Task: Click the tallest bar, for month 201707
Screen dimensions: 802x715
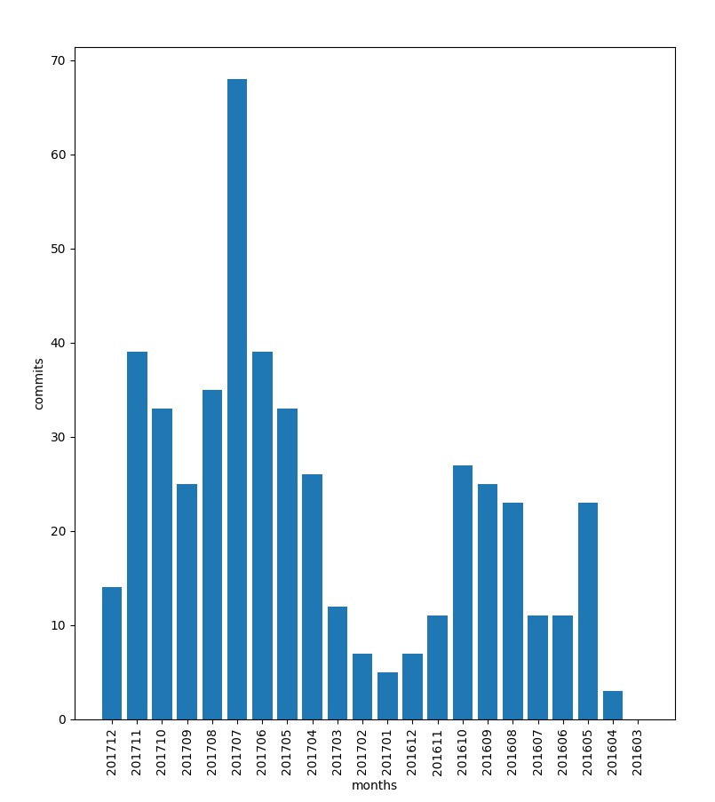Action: pyautogui.click(x=237, y=400)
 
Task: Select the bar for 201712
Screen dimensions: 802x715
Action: pyautogui.click(x=112, y=653)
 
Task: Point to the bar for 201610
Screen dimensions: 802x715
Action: pyautogui.click(x=463, y=592)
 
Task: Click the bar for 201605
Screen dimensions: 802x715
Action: pyautogui.click(x=588, y=611)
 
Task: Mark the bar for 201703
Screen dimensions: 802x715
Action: pyautogui.click(x=338, y=663)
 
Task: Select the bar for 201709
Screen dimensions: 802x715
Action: pyautogui.click(x=187, y=601)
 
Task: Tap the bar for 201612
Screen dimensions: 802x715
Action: pyautogui.click(x=412, y=687)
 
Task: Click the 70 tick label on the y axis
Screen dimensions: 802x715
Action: pyautogui.click(x=58, y=60)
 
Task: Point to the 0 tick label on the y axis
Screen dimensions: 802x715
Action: pyautogui.click(x=61, y=719)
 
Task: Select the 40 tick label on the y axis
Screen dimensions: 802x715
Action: pyautogui.click(x=58, y=343)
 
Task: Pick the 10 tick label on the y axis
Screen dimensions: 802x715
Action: pyautogui.click(x=58, y=625)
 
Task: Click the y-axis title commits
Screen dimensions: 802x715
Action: pyautogui.click(x=39, y=383)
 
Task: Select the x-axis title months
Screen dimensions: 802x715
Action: pyautogui.click(x=374, y=786)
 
